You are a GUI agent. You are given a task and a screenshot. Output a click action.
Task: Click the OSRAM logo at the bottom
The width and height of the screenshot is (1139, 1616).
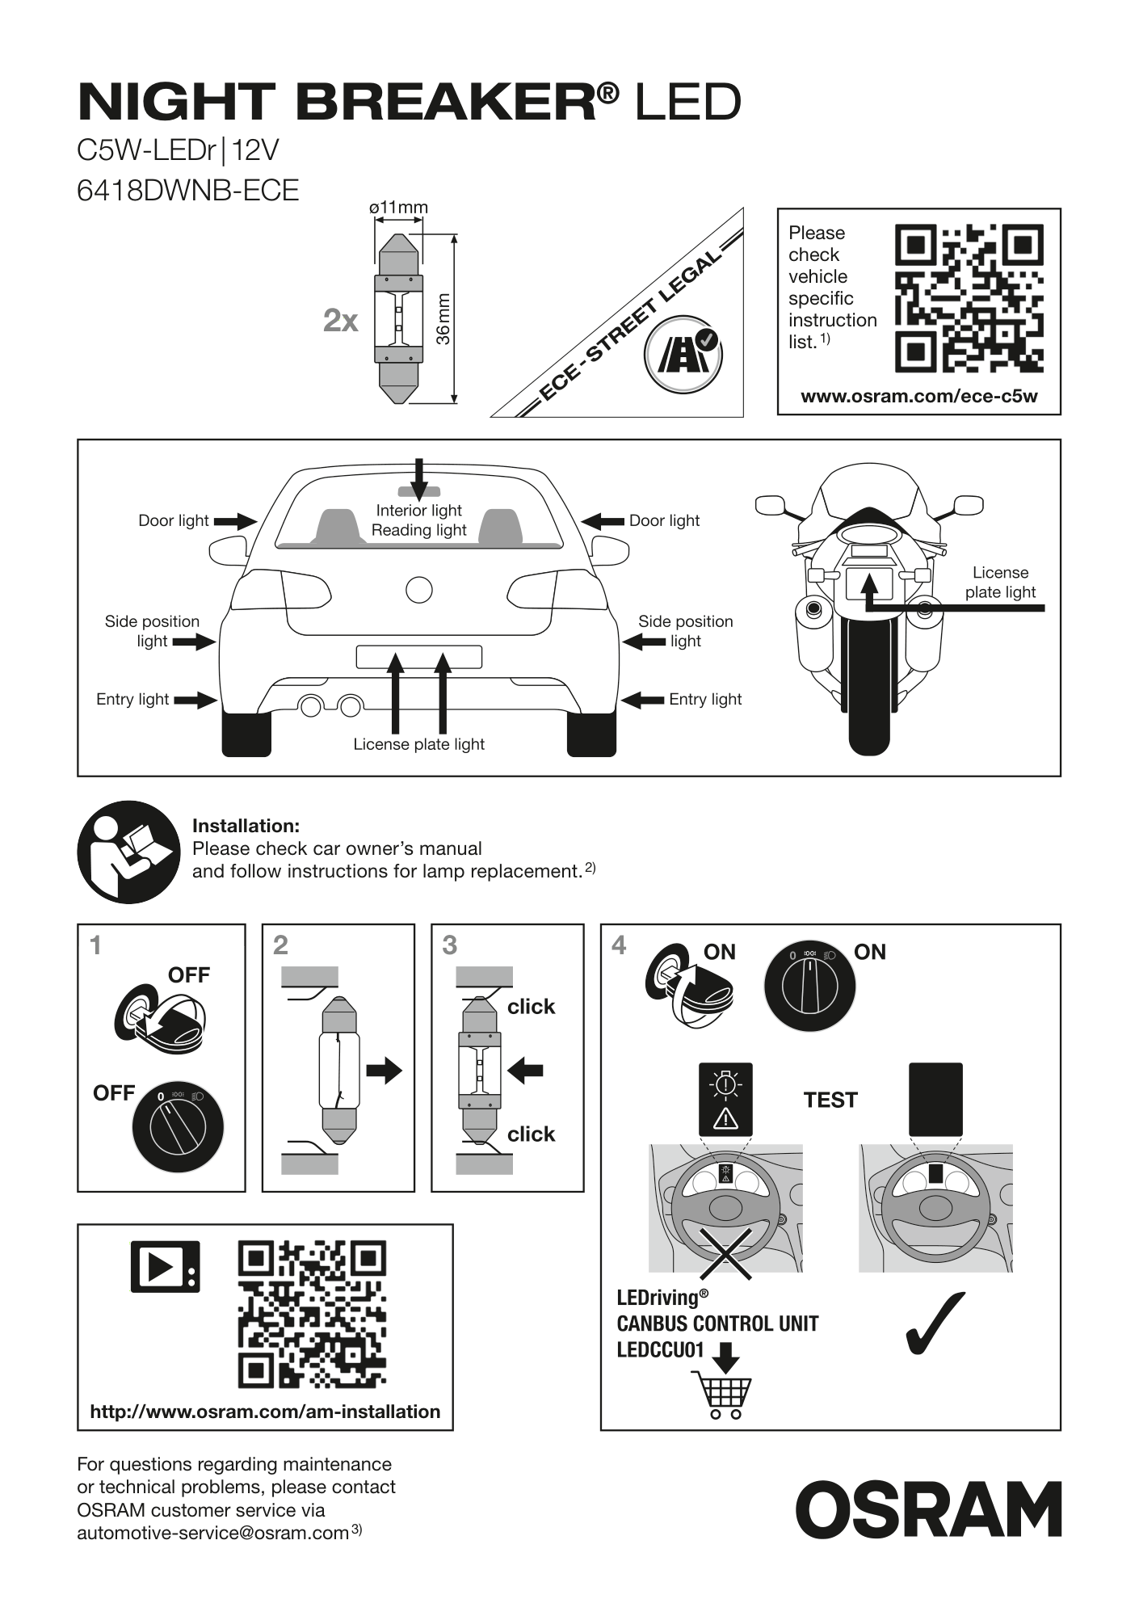click(x=928, y=1509)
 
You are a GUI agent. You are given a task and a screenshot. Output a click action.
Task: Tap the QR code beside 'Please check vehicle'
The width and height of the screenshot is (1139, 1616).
click(x=969, y=298)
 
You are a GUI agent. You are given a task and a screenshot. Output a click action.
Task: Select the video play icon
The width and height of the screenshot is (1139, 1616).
click(x=165, y=1266)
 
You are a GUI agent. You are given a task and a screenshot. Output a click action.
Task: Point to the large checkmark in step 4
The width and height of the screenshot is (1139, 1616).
click(x=935, y=1323)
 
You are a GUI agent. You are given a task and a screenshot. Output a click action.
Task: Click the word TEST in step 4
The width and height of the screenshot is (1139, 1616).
click(x=830, y=1100)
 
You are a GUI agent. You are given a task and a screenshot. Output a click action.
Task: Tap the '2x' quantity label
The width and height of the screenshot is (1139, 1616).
click(x=340, y=321)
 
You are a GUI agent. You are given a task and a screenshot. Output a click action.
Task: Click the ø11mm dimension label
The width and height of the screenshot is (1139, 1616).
click(x=398, y=208)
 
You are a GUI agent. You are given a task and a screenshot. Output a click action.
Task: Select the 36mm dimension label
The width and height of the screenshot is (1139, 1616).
click(x=443, y=318)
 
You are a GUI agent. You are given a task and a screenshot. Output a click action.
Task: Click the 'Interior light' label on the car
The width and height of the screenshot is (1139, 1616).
click(x=418, y=510)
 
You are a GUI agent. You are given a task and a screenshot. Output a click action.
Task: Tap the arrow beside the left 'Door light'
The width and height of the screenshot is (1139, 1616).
click(x=235, y=521)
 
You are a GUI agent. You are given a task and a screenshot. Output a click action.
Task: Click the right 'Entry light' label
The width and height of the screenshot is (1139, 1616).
click(x=705, y=699)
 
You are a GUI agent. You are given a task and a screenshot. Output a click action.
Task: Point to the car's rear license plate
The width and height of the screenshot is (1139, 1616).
click(x=419, y=657)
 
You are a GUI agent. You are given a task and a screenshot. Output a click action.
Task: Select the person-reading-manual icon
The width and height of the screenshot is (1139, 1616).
click(x=129, y=852)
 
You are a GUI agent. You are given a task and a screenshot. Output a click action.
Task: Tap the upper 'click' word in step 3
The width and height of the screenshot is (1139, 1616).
click(x=531, y=1007)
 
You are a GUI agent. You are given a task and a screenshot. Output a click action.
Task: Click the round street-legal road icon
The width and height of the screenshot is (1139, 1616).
click(x=683, y=354)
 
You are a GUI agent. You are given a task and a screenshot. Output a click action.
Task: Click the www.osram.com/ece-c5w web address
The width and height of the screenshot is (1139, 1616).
click(x=919, y=396)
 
